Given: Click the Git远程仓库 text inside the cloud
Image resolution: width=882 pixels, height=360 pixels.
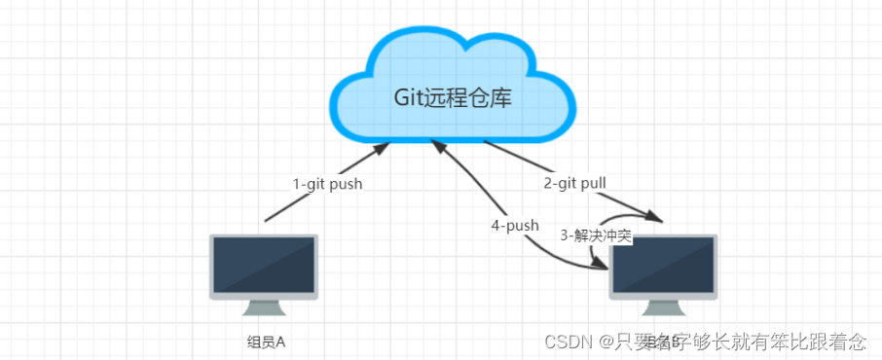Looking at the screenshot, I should (451, 97).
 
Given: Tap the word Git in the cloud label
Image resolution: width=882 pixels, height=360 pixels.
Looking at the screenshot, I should (409, 97).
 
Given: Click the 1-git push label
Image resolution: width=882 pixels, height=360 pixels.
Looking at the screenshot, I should (327, 184).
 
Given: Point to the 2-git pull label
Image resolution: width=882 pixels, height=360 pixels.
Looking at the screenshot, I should (574, 182).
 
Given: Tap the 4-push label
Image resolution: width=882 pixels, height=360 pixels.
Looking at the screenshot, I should (515, 225).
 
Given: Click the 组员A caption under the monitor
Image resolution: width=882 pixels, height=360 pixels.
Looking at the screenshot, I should (266, 342).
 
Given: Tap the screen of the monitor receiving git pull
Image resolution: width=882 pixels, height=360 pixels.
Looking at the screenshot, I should (663, 266).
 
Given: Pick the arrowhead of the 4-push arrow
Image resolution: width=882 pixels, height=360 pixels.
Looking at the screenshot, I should (438, 146).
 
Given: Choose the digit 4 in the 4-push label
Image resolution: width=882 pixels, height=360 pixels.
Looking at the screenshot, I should (496, 225).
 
